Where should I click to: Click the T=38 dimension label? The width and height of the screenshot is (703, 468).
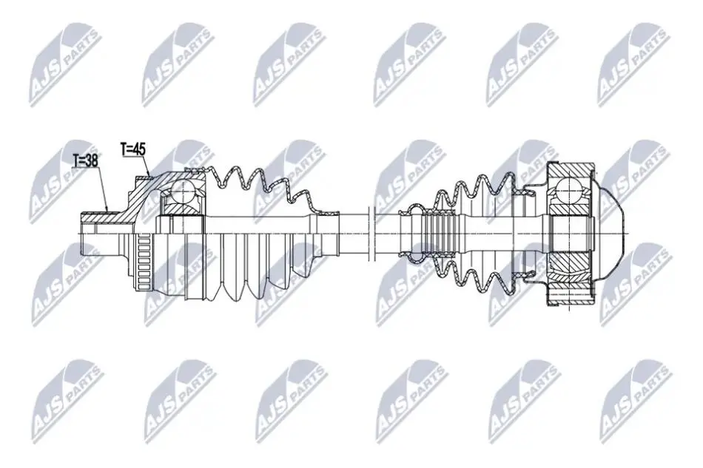[87, 160]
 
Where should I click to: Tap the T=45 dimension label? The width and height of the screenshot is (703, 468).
[133, 149]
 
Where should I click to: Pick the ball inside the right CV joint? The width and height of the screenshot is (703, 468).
[568, 189]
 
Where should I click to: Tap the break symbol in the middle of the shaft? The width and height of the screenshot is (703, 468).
[370, 234]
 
